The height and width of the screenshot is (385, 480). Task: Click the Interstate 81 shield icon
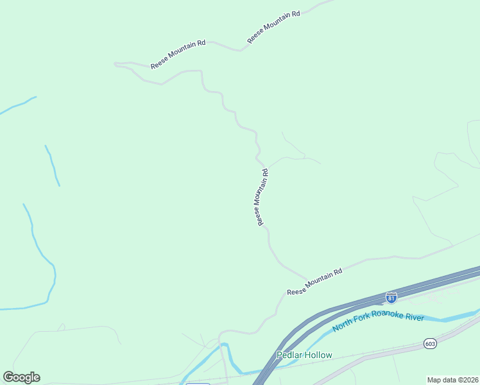point(391,297)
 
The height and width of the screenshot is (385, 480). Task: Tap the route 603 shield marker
point(430,344)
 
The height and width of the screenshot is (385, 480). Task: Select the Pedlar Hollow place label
point(304,355)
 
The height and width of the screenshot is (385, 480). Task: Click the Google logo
point(21,377)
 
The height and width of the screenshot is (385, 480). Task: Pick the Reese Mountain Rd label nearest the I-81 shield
point(314,281)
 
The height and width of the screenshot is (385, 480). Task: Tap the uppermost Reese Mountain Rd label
point(274,26)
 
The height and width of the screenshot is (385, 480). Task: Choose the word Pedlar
point(289,355)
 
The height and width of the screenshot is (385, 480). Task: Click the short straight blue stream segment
point(52,166)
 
